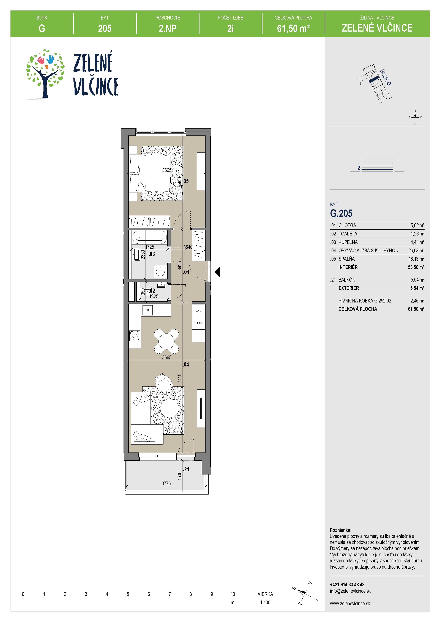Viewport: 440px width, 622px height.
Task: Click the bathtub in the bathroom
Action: click(148, 238)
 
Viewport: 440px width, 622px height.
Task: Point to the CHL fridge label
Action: click(198, 311)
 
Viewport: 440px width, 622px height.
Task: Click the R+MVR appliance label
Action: click(198, 323)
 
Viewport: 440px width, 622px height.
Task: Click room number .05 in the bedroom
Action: click(186, 181)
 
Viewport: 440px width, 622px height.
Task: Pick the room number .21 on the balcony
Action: click(186, 469)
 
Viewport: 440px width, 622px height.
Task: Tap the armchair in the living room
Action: click(164, 382)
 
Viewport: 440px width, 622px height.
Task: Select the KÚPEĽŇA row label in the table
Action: click(348, 242)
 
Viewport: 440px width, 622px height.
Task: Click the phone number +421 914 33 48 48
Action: click(347, 585)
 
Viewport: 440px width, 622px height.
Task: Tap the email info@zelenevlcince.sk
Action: click(350, 591)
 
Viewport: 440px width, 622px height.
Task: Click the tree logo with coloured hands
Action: click(45, 74)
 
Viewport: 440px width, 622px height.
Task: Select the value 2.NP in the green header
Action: click(168, 28)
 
